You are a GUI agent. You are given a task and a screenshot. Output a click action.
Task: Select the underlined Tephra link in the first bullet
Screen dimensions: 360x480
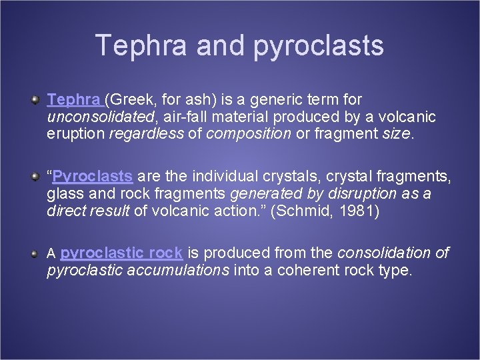point(73,100)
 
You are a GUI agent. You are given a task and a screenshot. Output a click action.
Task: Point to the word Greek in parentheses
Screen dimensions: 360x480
point(130,100)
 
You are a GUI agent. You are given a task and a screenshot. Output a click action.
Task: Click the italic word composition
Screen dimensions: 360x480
point(249,133)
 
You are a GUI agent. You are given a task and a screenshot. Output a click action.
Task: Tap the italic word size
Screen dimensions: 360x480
point(397,133)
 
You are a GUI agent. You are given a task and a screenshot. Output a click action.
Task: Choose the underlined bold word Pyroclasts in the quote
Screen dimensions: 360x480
point(92,177)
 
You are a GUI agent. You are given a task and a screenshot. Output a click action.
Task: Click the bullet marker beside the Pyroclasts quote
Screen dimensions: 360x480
point(34,177)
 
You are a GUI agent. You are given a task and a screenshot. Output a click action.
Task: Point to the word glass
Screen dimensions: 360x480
point(64,194)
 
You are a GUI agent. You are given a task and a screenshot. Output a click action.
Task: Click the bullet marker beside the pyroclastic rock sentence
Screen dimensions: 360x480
point(34,253)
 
